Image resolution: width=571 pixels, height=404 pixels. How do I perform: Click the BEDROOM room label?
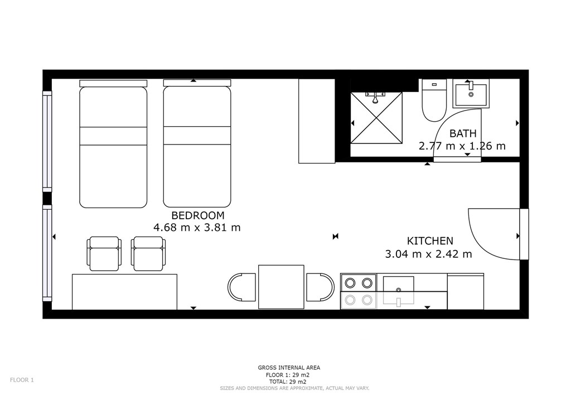(198, 215)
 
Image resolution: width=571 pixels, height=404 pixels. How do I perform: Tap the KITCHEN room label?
(430, 241)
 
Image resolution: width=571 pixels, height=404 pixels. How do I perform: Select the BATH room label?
(463, 134)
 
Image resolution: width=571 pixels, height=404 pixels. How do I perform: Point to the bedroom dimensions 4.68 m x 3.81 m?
(197, 228)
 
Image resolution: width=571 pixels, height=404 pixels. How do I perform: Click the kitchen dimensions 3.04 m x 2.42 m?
(429, 254)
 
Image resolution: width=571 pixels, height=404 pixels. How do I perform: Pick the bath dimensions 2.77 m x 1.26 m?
(462, 146)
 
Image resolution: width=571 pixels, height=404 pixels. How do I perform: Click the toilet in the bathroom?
(434, 100)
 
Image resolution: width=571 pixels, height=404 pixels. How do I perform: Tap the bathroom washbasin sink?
(471, 94)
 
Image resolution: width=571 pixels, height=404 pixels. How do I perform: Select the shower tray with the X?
(376, 117)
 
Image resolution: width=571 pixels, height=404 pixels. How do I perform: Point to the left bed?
(113, 144)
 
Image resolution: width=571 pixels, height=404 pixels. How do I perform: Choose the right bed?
(197, 144)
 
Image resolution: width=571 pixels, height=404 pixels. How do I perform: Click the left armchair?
(104, 253)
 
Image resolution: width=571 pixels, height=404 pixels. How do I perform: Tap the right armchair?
(148, 253)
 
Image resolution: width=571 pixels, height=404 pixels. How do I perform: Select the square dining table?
(281, 287)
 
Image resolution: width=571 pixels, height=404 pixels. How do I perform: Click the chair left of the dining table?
(242, 287)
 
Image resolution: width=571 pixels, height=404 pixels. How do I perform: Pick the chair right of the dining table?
(321, 287)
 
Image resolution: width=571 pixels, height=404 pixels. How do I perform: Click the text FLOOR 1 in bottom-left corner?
(22, 380)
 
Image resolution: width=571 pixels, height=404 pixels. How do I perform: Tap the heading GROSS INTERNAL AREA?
(289, 368)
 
